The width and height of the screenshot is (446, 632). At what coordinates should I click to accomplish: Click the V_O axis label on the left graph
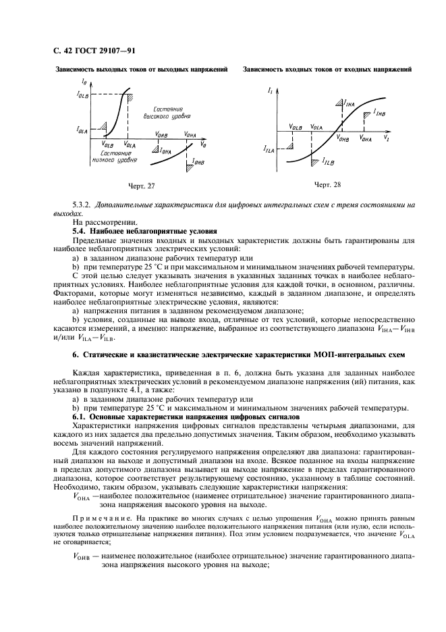204,145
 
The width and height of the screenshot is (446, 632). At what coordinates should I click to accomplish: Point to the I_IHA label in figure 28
349,104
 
